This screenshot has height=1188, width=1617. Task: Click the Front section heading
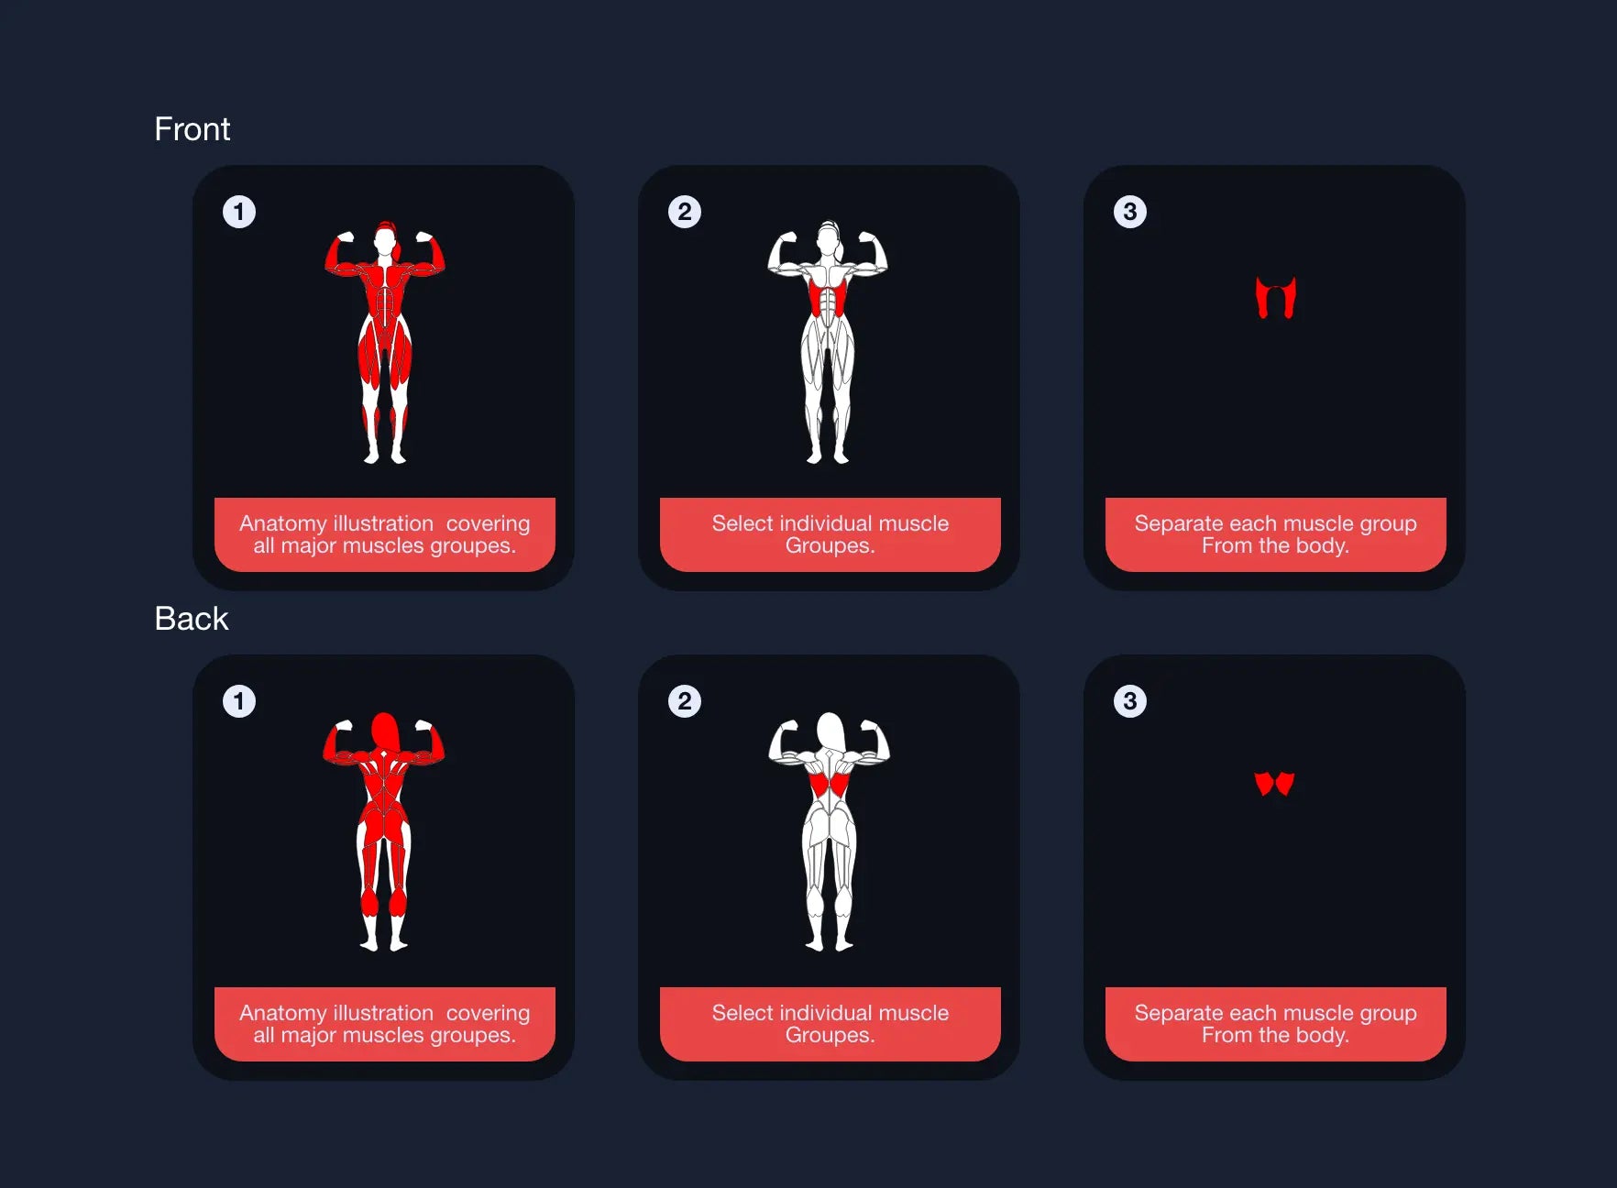192,129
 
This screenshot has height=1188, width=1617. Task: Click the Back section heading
191,619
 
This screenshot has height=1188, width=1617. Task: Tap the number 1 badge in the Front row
239,212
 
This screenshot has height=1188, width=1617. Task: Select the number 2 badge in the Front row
685,212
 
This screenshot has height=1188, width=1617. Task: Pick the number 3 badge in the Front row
1130,212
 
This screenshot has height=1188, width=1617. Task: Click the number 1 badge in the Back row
239,701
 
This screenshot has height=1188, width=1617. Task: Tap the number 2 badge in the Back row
685,701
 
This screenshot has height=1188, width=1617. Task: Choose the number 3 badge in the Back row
1130,701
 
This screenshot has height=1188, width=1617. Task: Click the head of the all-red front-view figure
385,240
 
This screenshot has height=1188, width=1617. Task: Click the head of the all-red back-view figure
385,731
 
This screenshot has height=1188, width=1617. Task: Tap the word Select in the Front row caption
742,523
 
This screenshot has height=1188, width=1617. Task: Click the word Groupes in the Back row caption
828,1036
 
